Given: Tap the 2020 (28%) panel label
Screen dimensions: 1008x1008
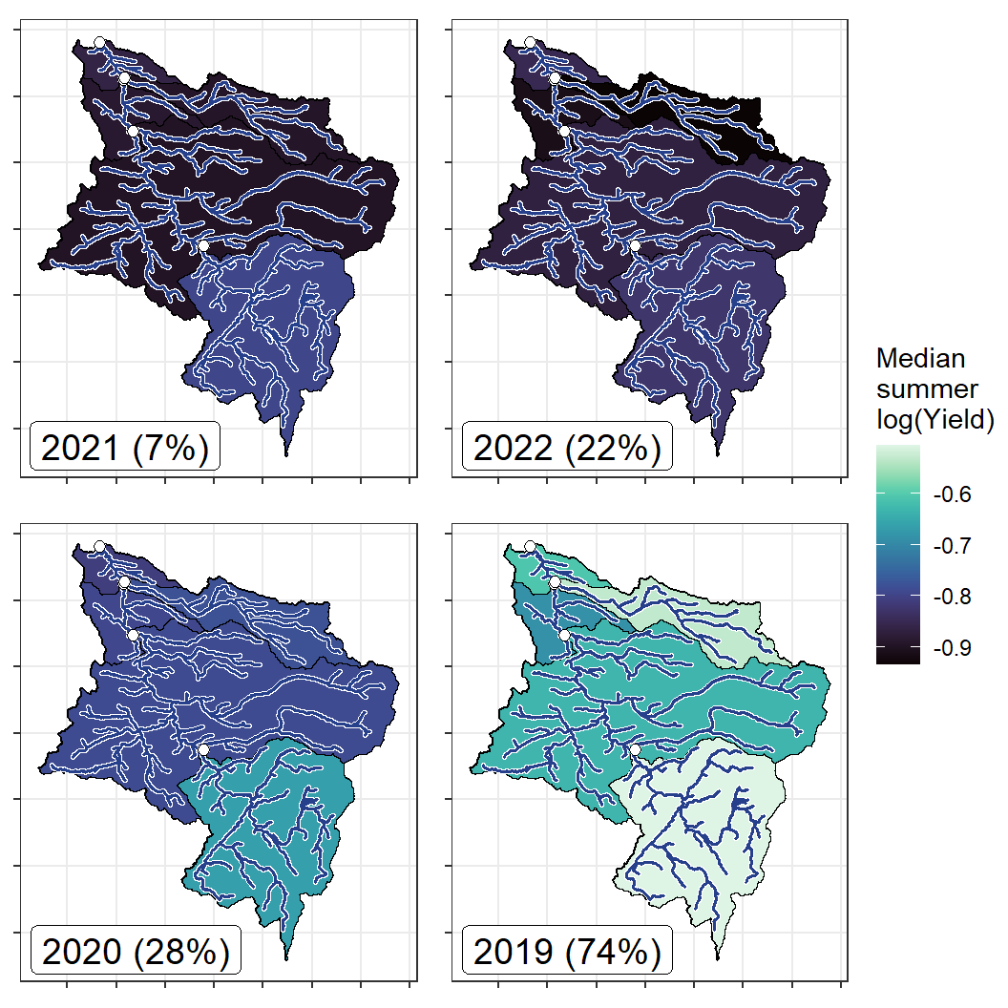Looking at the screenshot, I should click(x=136, y=951).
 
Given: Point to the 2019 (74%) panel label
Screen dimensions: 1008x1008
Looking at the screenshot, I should click(x=567, y=951).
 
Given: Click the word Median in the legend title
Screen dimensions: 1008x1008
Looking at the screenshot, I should click(x=920, y=359).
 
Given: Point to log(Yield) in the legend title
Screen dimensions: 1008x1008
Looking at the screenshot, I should click(x=935, y=418).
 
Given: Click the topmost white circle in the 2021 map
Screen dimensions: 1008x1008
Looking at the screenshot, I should click(x=99, y=42).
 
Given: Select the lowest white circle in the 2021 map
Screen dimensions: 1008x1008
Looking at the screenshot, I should click(x=203, y=245).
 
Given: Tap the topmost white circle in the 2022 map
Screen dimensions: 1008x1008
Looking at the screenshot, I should click(x=531, y=42).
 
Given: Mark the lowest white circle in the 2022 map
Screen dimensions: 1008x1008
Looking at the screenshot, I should click(x=635, y=245).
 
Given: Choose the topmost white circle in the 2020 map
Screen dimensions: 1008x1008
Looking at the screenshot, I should click(x=99, y=547).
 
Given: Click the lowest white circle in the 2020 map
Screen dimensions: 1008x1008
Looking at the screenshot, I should click(x=203, y=750).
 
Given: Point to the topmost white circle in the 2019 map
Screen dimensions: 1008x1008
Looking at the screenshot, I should click(x=531, y=547).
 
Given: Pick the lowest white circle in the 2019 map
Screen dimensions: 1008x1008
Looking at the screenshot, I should click(x=635, y=750).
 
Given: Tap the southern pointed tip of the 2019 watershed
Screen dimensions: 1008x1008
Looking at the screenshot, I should click(x=718, y=957).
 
